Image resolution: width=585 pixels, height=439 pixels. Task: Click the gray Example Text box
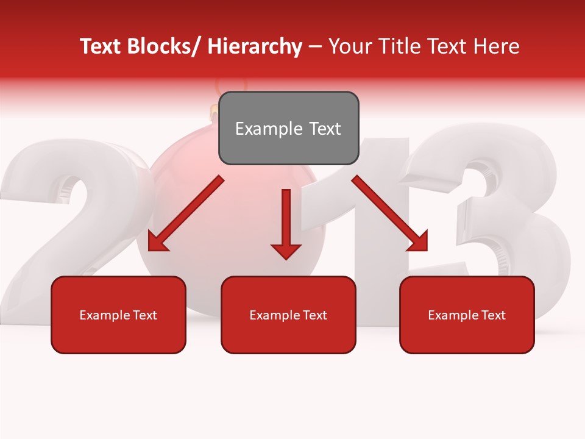click(x=288, y=128)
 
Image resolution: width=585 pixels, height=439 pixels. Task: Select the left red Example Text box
click(x=118, y=315)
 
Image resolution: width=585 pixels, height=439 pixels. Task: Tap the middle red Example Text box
click(x=288, y=315)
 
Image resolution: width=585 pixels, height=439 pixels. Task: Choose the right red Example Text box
click(x=467, y=315)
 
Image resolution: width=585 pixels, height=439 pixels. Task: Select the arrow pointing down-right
click(x=389, y=213)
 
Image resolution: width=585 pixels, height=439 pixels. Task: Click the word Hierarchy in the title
click(x=255, y=46)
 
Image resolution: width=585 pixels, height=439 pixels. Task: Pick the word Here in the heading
click(x=497, y=46)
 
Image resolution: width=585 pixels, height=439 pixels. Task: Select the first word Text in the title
click(x=102, y=46)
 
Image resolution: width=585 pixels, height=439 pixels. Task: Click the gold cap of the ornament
click(x=214, y=111)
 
